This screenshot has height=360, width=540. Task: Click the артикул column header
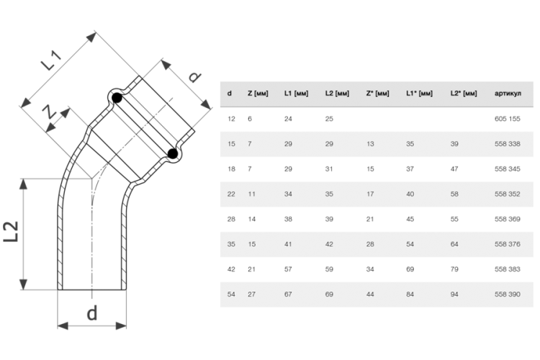508,94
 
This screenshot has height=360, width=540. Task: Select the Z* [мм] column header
377,94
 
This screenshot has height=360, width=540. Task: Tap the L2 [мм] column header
337,94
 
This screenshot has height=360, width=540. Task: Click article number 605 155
508,119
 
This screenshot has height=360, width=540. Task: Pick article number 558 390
508,294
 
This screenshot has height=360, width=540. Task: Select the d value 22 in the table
231,194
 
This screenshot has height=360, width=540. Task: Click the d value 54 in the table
231,294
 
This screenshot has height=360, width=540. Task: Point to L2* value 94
454,294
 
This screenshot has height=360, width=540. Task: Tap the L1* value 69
410,269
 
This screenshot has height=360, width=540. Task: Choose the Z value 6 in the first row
250,119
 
